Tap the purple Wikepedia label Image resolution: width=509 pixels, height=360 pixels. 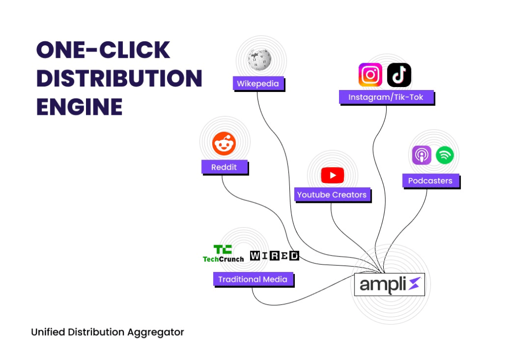coord(258,84)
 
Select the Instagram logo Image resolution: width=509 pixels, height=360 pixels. coord(370,75)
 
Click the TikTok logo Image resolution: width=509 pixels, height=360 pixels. coord(399,75)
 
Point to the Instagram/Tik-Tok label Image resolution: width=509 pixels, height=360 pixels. coord(386,97)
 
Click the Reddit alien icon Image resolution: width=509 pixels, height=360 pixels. coord(224,144)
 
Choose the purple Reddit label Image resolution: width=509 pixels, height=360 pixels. coord(224,167)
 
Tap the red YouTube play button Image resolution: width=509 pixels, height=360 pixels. coord(332,175)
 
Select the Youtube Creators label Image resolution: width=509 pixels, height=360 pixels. coord(332,195)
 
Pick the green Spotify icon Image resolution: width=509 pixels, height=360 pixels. coord(445,155)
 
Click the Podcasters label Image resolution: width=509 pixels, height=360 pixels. coord(430,181)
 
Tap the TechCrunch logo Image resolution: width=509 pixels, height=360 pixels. coord(223,254)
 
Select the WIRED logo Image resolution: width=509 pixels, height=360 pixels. coord(274,256)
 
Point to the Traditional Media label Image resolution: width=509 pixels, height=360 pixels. coord(253,279)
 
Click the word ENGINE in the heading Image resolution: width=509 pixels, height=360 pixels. coord(79,106)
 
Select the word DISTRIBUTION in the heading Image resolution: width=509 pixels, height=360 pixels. coord(119,78)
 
